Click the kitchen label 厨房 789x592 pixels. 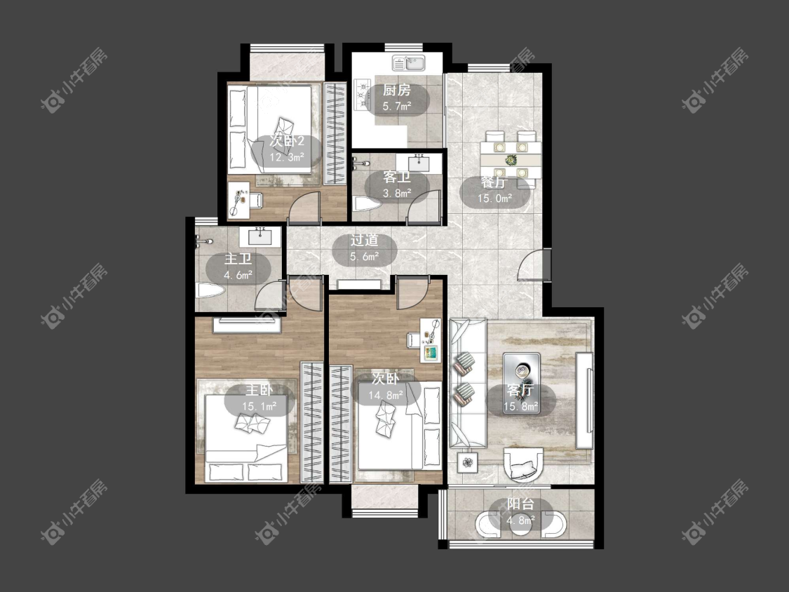click(x=396, y=90)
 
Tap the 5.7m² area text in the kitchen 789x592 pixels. click(x=397, y=106)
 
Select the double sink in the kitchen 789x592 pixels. click(x=409, y=63)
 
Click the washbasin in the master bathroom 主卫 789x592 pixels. click(x=259, y=236)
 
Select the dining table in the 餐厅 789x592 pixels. click(x=511, y=160)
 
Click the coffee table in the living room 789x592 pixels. click(x=522, y=383)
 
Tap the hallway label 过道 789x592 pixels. click(x=364, y=241)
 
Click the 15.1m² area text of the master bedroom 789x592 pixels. click(x=259, y=406)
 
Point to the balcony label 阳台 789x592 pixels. click(x=520, y=504)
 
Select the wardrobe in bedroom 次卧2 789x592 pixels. click(x=335, y=133)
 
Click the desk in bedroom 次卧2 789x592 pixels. click(x=238, y=201)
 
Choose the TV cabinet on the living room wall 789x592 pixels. click(x=584, y=401)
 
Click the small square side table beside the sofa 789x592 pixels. click(x=468, y=462)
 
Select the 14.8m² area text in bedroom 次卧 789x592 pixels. click(x=386, y=395)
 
